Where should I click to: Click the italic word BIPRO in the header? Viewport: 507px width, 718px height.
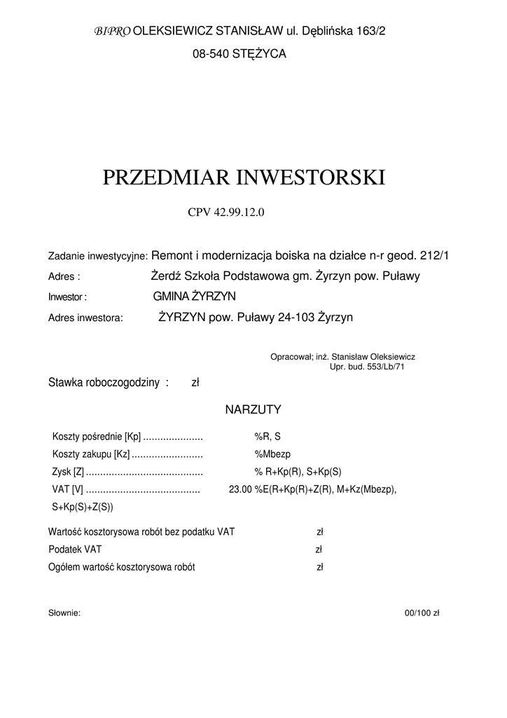coord(111,32)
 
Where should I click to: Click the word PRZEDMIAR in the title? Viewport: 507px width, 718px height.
coord(165,177)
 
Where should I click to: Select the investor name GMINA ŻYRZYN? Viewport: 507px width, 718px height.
coord(194,297)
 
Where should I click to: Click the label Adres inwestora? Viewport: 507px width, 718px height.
coord(85,318)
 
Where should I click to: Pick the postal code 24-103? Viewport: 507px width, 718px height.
coord(296,317)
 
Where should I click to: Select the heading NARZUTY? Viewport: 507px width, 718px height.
coord(253,409)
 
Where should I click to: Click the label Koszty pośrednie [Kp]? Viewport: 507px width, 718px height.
coord(97,436)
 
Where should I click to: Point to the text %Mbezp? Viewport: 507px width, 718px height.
coord(268,454)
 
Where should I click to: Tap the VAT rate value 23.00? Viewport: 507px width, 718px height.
coord(240,489)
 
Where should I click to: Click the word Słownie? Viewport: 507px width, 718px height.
coord(64,613)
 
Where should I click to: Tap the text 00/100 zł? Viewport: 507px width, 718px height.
coord(422,613)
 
